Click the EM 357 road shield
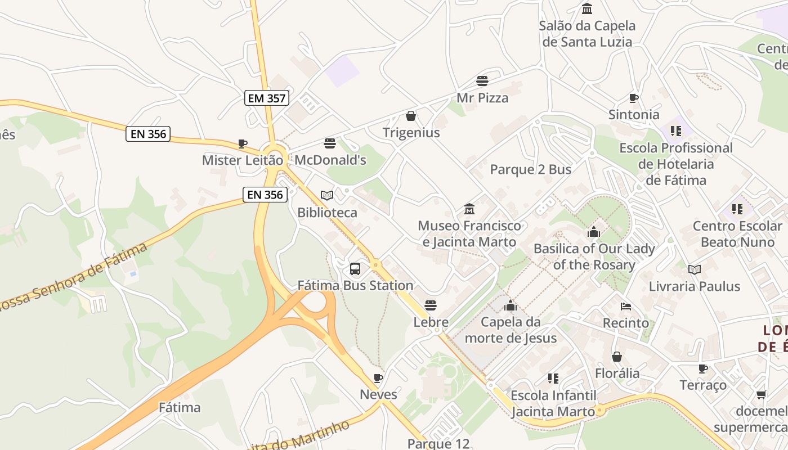267,98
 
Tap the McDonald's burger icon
330,143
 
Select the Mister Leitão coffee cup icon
242,144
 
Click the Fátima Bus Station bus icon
355,269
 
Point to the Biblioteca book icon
327,196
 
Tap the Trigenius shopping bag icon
411,116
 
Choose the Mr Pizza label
482,98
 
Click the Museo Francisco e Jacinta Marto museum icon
469,209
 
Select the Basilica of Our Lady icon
594,232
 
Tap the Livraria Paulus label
695,286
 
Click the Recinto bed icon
626,307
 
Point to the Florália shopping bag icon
617,357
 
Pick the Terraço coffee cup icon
702,368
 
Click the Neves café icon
378,378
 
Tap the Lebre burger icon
431,305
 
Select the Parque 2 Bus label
531,170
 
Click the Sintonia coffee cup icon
634,98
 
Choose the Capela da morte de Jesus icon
511,305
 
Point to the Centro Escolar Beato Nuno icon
737,209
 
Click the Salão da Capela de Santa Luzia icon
587,8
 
